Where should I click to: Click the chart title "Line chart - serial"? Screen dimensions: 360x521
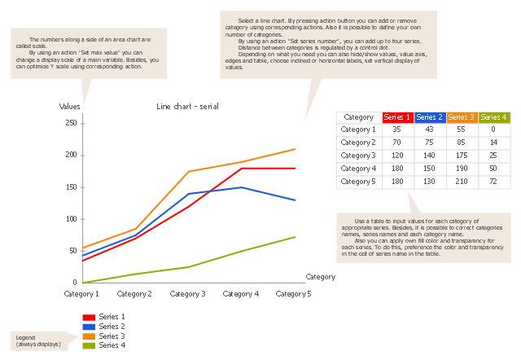[187, 107]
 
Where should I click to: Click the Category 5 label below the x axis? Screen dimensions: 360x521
[293, 293]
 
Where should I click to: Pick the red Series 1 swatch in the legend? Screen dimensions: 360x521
[90, 316]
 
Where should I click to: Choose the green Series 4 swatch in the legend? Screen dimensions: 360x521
[90, 345]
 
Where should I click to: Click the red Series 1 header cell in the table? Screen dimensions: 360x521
[397, 117]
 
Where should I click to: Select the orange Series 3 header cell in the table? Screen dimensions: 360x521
[462, 117]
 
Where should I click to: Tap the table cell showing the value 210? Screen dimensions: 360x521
[462, 182]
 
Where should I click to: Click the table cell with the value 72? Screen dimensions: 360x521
[493, 182]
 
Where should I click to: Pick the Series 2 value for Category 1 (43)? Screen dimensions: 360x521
[429, 130]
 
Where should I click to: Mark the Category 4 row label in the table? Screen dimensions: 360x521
[359, 169]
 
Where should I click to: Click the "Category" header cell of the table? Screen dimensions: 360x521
[359, 117]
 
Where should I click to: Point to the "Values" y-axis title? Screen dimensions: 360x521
[70, 107]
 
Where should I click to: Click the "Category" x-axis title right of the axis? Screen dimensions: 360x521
[320, 277]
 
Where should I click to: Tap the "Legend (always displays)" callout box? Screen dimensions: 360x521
[37, 340]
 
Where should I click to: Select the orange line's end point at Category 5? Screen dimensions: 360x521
[295, 149]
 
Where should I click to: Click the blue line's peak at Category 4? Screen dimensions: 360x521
[242, 187]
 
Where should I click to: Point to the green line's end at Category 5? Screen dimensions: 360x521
[295, 237]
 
